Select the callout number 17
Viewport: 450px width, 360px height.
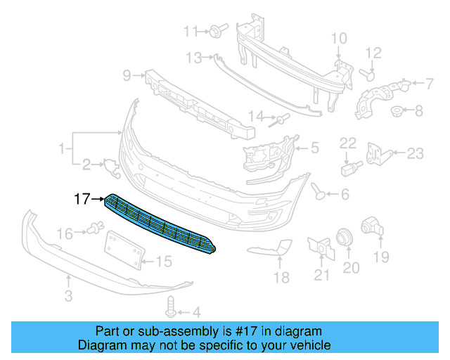pyautogui.click(x=82, y=200)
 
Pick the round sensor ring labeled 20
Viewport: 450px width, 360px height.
pyautogui.click(x=345, y=238)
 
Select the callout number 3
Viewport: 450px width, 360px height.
pyautogui.click(x=68, y=296)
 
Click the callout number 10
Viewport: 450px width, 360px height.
pyautogui.click(x=338, y=38)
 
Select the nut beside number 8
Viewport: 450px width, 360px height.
pyautogui.click(x=397, y=110)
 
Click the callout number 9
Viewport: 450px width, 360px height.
pyautogui.click(x=127, y=74)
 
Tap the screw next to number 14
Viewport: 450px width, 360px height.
pyautogui.click(x=279, y=120)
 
